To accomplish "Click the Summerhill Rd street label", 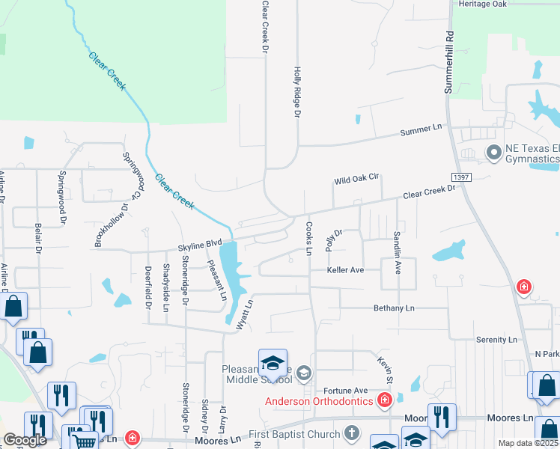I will (450, 62).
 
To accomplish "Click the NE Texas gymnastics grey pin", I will (493, 153).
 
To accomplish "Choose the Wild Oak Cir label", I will (358, 180).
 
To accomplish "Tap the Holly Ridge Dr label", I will (296, 91).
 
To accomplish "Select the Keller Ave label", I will (345, 269).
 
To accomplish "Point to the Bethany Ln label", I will (394, 308).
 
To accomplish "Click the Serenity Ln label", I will (496, 340).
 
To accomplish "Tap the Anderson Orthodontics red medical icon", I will (385, 400).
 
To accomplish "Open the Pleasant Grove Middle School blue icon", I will (273, 364).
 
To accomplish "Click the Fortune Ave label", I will (346, 391).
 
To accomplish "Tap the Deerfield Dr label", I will (147, 287).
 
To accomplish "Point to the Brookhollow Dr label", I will (109, 224).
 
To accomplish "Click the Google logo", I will (25, 440).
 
